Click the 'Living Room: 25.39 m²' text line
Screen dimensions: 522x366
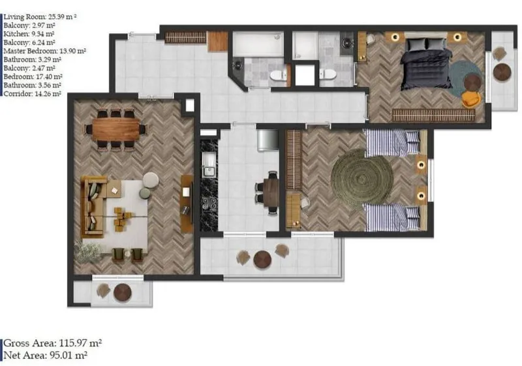pos(40,17)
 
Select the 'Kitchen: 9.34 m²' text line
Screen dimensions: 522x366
pos(29,34)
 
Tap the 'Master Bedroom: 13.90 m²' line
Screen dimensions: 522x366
pos(44,51)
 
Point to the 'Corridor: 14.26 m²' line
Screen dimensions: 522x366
pos(32,94)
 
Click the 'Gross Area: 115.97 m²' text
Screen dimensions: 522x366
pos(53,343)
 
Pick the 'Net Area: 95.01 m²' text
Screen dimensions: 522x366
pos(45,356)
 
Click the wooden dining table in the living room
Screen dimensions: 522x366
pos(116,129)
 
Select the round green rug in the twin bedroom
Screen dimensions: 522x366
pos(363,178)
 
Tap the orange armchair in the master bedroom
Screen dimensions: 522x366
pos(471,99)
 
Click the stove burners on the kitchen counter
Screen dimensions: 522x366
pos(209,204)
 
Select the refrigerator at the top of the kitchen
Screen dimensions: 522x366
pos(268,140)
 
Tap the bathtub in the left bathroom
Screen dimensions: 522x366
pos(258,44)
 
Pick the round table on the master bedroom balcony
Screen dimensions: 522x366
pos(502,72)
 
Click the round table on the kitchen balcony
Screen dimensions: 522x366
pos(262,260)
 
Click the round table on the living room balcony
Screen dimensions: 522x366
pos(123,292)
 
